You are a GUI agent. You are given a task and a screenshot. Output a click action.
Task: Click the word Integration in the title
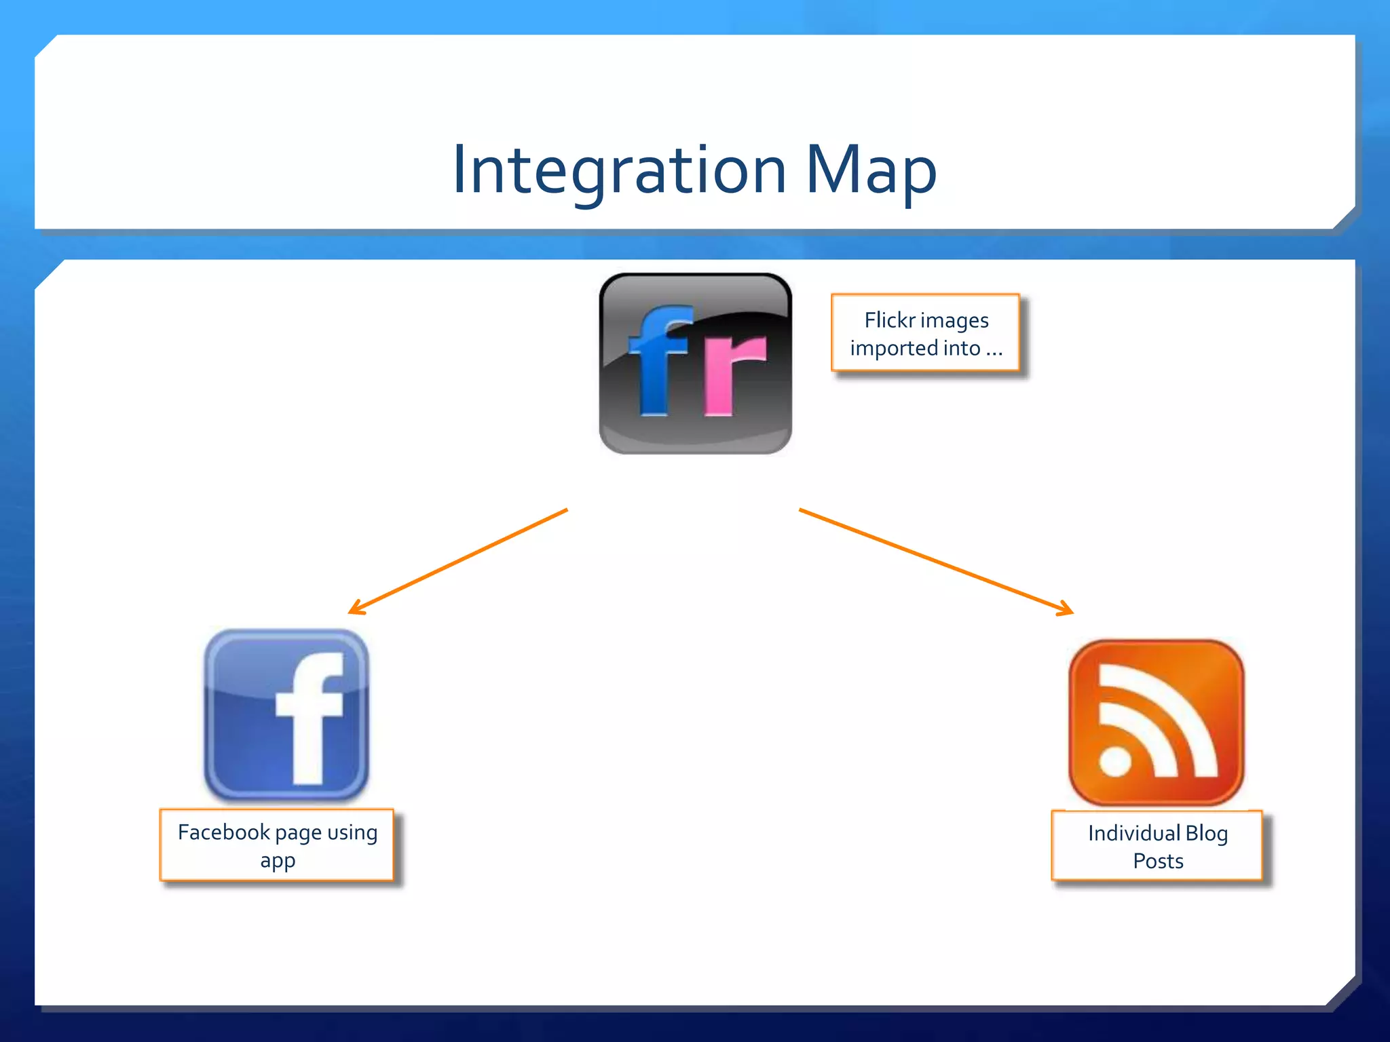619,170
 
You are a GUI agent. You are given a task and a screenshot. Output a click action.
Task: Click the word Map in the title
871,170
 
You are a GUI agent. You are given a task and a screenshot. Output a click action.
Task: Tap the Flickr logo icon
695,364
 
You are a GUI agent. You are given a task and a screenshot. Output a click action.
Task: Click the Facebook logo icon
286,715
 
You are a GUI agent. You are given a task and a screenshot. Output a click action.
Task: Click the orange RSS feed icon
1156,722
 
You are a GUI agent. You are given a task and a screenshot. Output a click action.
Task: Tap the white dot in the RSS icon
1114,760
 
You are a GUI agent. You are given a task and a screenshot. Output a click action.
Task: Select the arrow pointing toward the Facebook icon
457,562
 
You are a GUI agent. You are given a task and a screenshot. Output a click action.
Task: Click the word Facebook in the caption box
224,832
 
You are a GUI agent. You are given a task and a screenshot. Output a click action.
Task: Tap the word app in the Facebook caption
278,862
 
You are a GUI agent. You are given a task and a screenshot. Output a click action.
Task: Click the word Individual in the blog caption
1133,833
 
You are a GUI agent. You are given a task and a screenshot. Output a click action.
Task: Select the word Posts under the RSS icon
1158,862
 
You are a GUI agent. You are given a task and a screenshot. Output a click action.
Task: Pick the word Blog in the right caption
1207,833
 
